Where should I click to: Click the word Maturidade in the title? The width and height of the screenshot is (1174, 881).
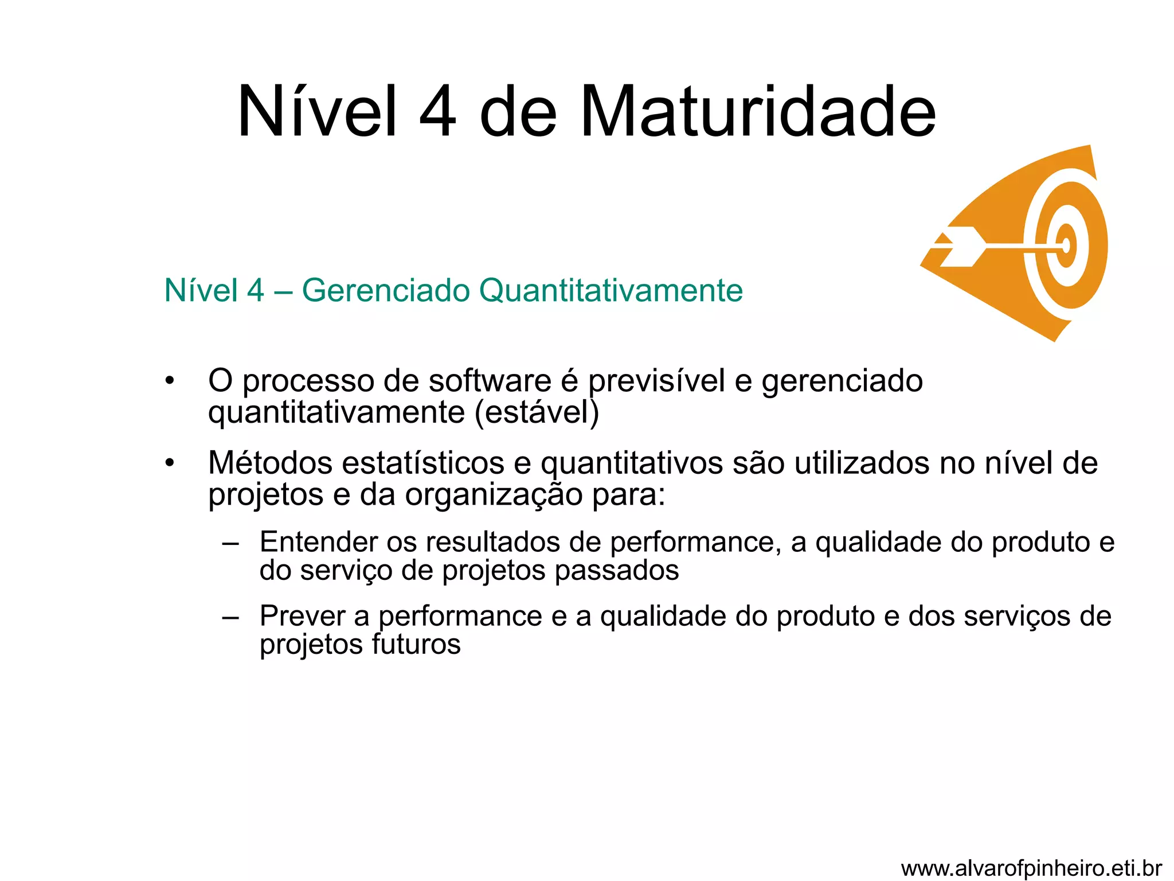(758, 111)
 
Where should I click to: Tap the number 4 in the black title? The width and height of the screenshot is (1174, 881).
(438, 111)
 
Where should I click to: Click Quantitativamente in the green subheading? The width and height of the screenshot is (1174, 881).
(611, 290)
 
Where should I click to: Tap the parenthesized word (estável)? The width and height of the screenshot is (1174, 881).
(537, 412)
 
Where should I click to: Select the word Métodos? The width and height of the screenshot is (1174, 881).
(270, 463)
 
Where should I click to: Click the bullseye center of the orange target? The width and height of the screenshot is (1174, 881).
(1066, 246)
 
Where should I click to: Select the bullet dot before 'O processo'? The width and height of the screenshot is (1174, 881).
(169, 381)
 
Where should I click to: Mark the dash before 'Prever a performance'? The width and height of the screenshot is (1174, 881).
(230, 618)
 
